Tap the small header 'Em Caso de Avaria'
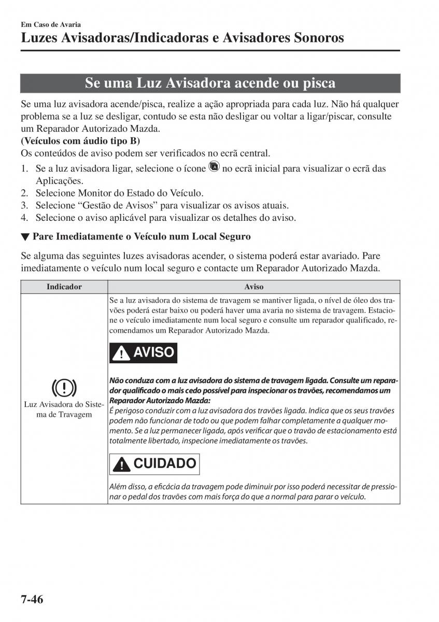[51, 24]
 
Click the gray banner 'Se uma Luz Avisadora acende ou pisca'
[210, 83]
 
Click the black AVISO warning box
[144, 352]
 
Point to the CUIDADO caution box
[154, 463]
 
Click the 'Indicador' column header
[64, 287]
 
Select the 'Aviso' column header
[254, 287]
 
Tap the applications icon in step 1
[214, 167]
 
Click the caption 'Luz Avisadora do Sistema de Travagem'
[64, 409]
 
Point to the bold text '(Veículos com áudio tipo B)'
[80, 141]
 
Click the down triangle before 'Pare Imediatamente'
[24, 237]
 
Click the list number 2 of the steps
[24, 193]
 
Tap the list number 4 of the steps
[24, 218]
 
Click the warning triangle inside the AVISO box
[122, 354]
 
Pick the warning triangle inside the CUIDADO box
[122, 464]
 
